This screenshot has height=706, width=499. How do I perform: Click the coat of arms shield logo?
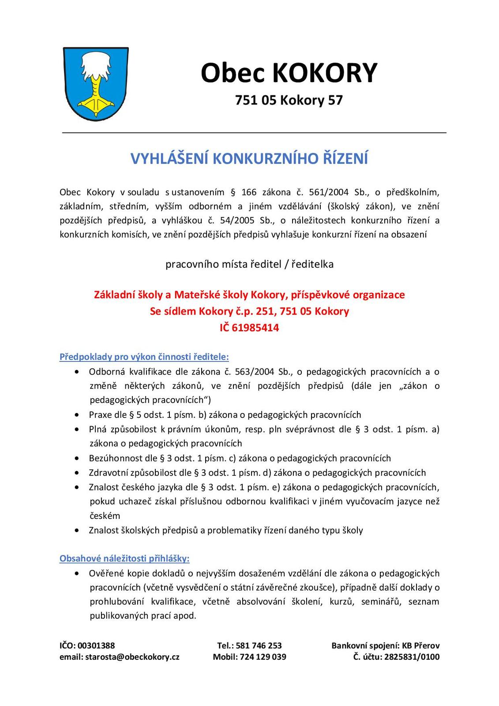point(96,84)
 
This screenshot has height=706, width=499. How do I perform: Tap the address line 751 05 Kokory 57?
point(289,101)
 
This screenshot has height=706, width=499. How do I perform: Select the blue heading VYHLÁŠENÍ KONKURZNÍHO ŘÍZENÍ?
point(249,159)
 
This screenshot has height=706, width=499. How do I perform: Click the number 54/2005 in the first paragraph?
point(239,221)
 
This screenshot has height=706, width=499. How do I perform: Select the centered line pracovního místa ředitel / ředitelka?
point(249,264)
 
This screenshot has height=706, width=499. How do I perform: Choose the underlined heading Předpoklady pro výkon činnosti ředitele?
point(144,357)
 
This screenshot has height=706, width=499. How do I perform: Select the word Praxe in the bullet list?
point(101,415)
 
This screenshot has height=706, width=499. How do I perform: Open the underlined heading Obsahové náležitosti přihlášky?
point(124,559)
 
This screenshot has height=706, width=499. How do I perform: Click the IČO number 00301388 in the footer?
point(96,646)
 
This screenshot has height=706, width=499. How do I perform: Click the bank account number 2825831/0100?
point(412,657)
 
